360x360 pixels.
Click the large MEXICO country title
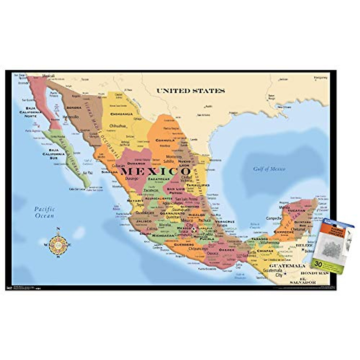click(x=156, y=172)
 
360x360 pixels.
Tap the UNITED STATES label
click(x=190, y=91)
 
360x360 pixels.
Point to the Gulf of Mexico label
click(x=269, y=169)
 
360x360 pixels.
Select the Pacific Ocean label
click(x=44, y=212)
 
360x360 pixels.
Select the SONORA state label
click(x=74, y=107)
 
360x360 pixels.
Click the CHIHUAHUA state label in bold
click(x=121, y=114)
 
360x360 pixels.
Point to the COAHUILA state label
click(x=165, y=140)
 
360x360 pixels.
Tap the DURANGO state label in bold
click(x=136, y=163)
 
